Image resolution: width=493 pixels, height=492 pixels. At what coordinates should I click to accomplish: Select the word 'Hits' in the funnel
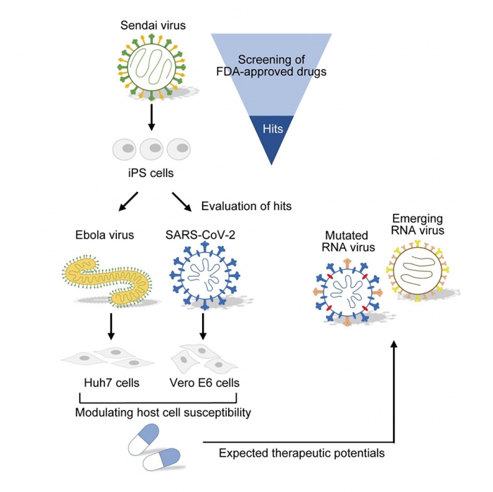tap(272, 130)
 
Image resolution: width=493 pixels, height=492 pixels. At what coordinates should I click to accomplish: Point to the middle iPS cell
tap(151, 149)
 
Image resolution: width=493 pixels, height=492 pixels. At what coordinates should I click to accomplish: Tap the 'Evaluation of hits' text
tap(246, 207)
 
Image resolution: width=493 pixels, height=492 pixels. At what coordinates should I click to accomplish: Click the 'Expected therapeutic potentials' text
tap(302, 453)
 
